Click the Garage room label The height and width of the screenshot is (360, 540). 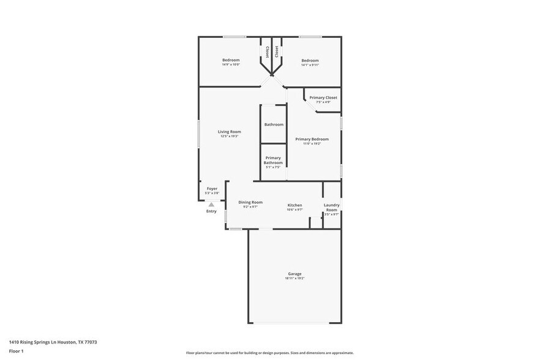tap(294, 274)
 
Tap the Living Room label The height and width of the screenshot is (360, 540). tap(230, 132)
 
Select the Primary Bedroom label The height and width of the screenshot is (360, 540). tap(312, 139)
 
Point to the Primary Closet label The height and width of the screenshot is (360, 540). tap(323, 97)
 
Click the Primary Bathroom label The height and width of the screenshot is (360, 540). tap(273, 160)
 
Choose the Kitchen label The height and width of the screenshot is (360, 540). tap(295, 205)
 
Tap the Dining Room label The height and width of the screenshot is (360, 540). tap(250, 202)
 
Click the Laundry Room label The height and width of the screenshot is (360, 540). tap(331, 208)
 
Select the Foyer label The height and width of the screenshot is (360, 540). tap(212, 189)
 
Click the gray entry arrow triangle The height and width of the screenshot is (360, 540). tap(211, 204)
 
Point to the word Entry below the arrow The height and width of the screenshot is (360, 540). tap(211, 211)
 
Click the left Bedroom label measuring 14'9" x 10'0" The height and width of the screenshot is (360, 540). tap(231, 60)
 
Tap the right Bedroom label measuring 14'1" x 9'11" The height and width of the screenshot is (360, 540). tap(310, 60)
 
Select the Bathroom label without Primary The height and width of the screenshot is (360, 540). tap(274, 124)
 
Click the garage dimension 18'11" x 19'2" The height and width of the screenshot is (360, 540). tap(294, 278)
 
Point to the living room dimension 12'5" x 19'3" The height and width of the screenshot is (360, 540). tap(230, 136)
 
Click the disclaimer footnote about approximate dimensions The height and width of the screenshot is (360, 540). tap(269, 353)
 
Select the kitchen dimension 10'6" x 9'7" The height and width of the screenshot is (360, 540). tap(295, 209)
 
